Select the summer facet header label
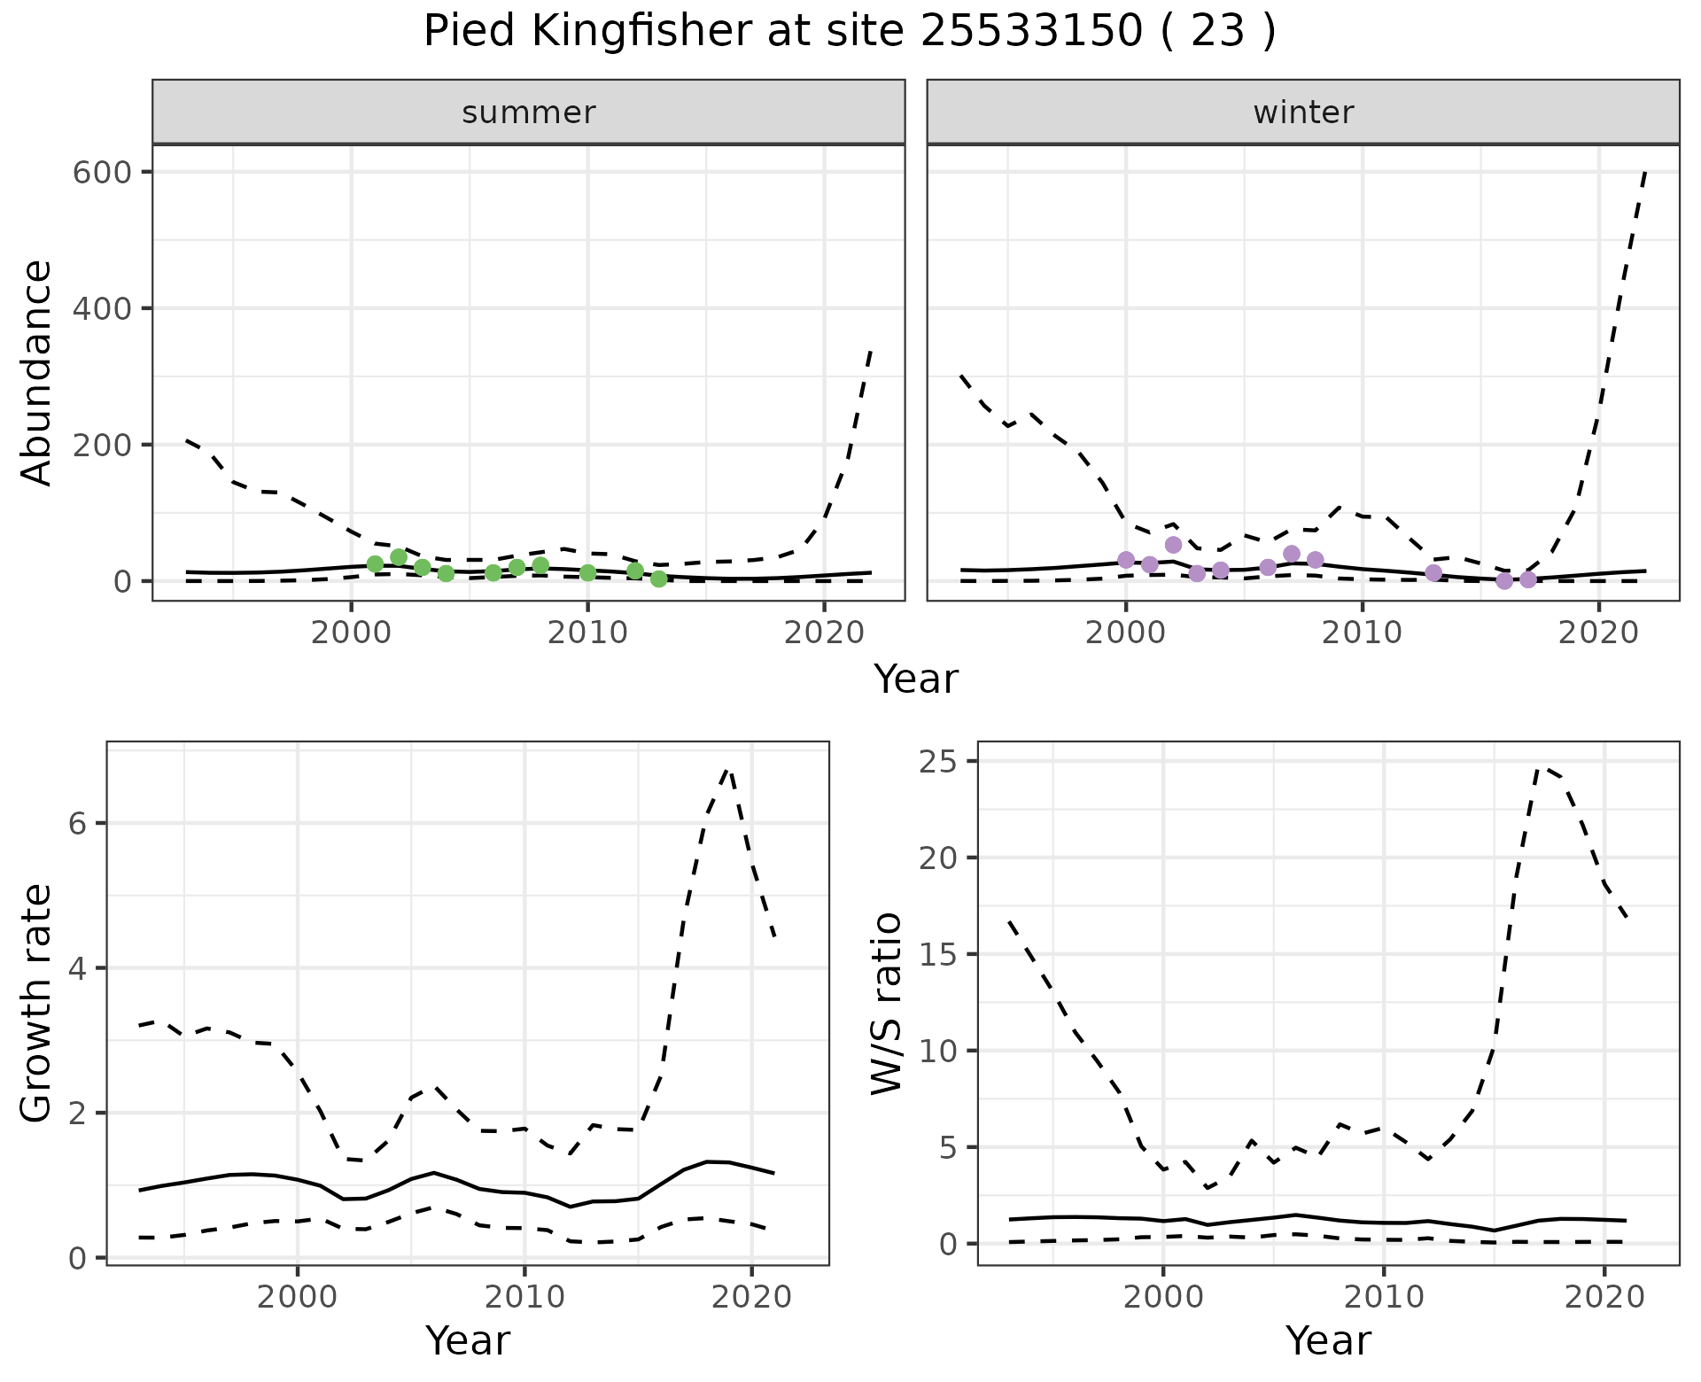tap(529, 113)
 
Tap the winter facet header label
tap(1303, 113)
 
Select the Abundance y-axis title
tap(37, 373)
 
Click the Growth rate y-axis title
tap(37, 1004)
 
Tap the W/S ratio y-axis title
tap(886, 1004)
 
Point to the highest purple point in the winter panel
tap(1173, 545)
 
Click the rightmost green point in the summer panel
tap(658, 578)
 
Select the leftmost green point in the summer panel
tap(375, 563)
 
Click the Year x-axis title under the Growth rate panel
tap(468, 1341)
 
